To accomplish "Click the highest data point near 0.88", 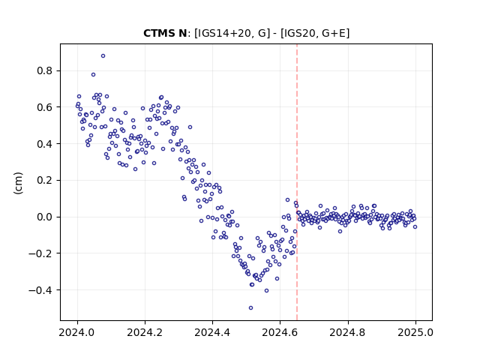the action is click(x=103, y=56).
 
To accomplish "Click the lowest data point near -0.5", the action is click(x=250, y=308).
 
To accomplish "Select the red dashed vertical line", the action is click(x=297, y=182).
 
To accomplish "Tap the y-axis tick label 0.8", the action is click(x=45, y=70).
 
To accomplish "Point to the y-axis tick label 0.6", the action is click(x=45, y=107).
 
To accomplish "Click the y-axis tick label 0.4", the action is click(x=45, y=143).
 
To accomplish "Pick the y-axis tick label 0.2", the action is click(x=45, y=180).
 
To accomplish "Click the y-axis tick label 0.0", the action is click(x=45, y=217).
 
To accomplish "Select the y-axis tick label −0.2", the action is click(x=40, y=253).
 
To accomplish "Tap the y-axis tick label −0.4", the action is click(x=40, y=290).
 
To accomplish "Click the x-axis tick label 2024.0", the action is click(x=77, y=332).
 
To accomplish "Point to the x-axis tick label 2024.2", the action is click(x=145, y=332).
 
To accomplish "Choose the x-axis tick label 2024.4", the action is click(x=212, y=332).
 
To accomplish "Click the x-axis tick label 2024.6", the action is click(x=280, y=332).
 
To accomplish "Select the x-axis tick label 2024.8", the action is click(x=348, y=332).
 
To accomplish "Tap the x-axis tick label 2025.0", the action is click(x=415, y=332).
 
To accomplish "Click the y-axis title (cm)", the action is click(x=18, y=183).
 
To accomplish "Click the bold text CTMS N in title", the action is click(x=165, y=33).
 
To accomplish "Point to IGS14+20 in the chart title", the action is click(x=222, y=33).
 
